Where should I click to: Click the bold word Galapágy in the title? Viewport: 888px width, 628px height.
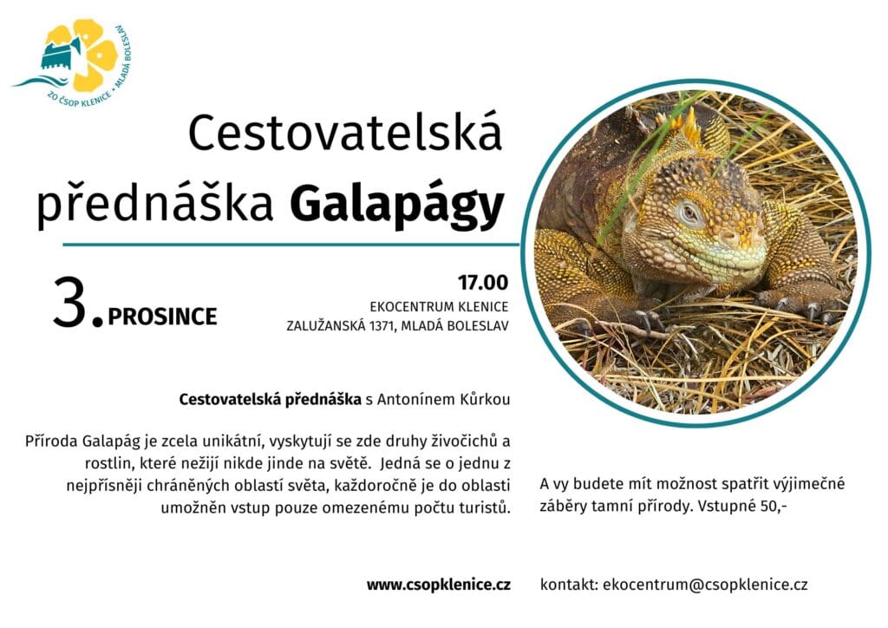396,204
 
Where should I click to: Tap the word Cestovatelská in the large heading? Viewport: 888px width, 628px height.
345,132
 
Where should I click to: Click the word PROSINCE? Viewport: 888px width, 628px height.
162,317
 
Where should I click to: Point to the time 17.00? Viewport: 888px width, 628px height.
482,282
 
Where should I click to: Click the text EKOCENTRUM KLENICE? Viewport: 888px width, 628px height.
439,307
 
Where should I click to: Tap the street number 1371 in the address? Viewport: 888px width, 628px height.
382,326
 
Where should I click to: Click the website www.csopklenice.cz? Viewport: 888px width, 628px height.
438,585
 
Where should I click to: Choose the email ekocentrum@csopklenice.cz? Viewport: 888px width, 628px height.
705,585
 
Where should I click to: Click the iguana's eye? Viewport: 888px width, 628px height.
689,213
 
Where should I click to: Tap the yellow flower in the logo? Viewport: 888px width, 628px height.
90,54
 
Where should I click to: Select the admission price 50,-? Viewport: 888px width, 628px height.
774,506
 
